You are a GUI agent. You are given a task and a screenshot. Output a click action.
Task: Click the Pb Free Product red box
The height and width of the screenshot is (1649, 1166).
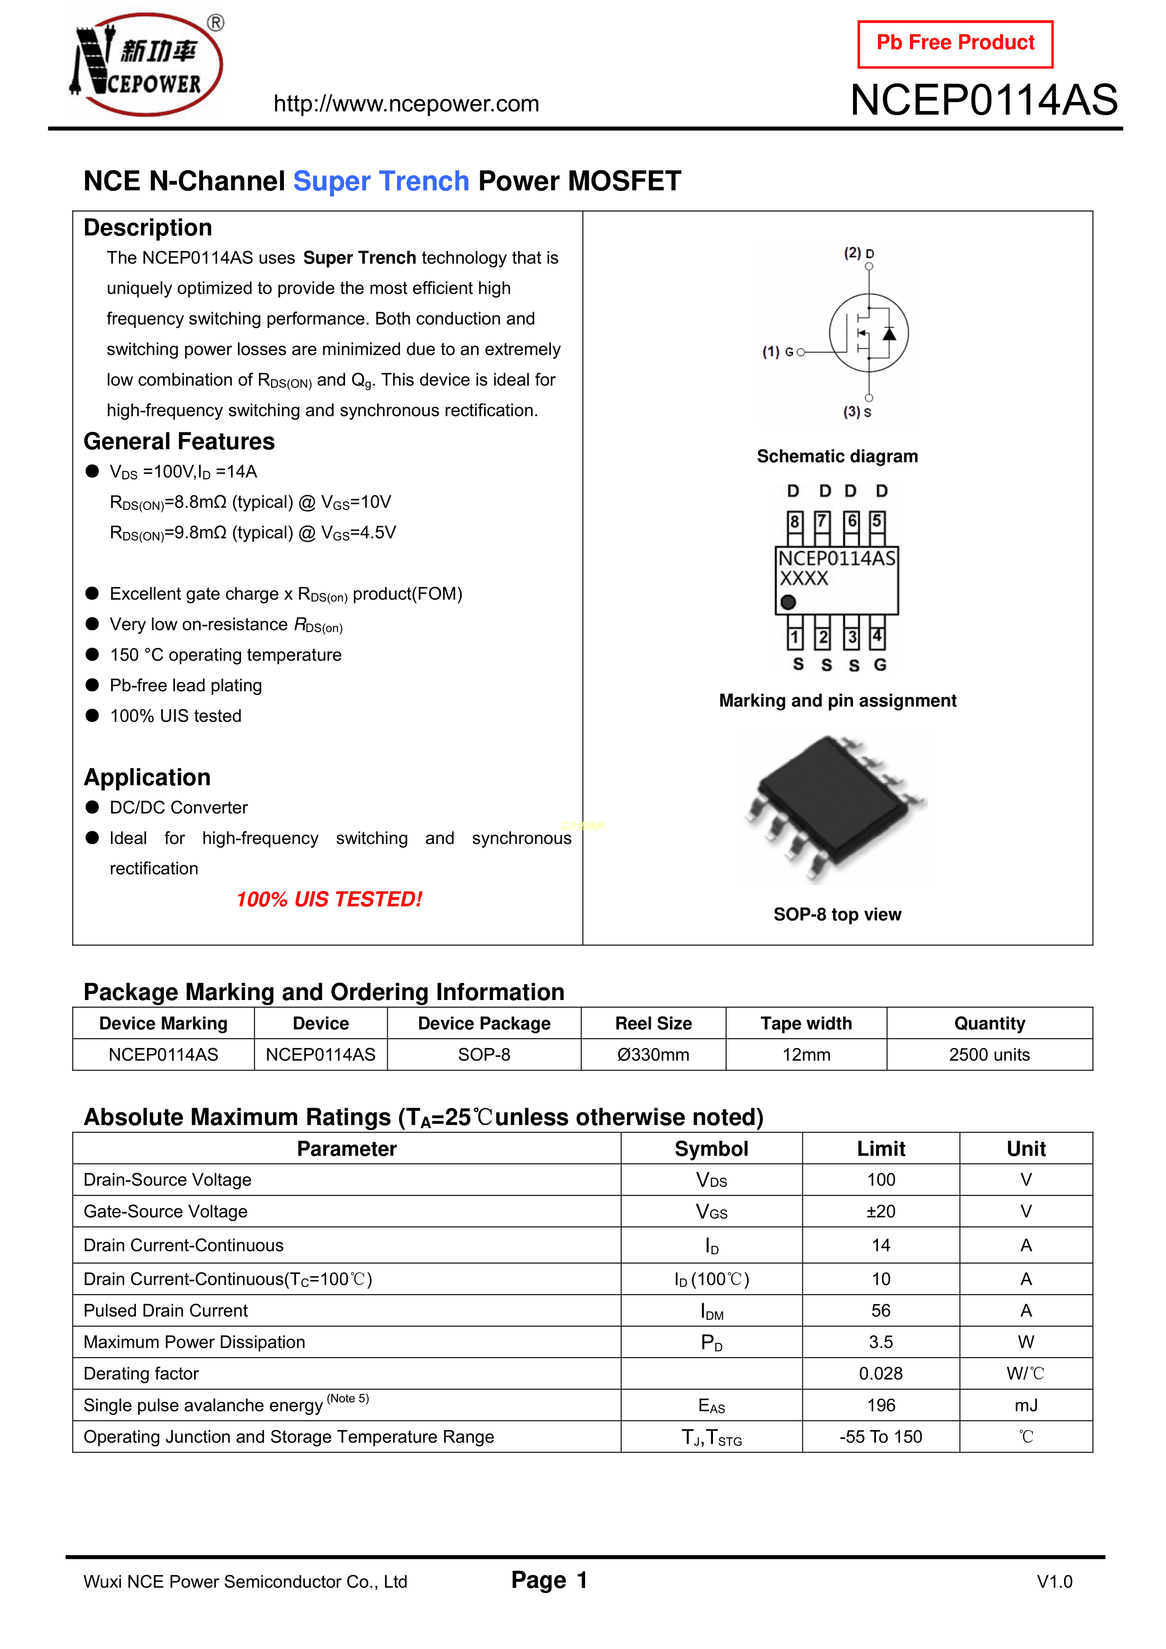coord(955,44)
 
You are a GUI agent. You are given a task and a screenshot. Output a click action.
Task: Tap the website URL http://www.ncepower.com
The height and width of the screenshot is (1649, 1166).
coord(406,104)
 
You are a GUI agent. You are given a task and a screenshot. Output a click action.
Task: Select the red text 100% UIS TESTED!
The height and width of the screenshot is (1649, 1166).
coord(329,899)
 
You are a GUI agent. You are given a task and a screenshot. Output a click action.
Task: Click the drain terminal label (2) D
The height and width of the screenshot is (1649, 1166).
coord(859,253)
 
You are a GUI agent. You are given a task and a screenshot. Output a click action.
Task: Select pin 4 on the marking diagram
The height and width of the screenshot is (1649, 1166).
coord(877,636)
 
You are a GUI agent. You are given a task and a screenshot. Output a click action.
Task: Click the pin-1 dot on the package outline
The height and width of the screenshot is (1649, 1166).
coord(788,602)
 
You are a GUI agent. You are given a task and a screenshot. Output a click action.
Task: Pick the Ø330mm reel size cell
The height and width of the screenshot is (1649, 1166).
coord(653,1055)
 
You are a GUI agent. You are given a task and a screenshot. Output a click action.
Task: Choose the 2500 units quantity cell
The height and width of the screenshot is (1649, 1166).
coord(989,1055)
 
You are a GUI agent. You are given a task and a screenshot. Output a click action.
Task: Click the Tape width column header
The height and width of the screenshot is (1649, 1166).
coord(806,1024)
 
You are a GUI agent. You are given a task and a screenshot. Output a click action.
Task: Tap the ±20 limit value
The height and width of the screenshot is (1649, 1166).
coord(881,1211)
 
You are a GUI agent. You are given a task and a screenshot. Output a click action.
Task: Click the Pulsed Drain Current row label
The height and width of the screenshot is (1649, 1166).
coord(166,1311)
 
